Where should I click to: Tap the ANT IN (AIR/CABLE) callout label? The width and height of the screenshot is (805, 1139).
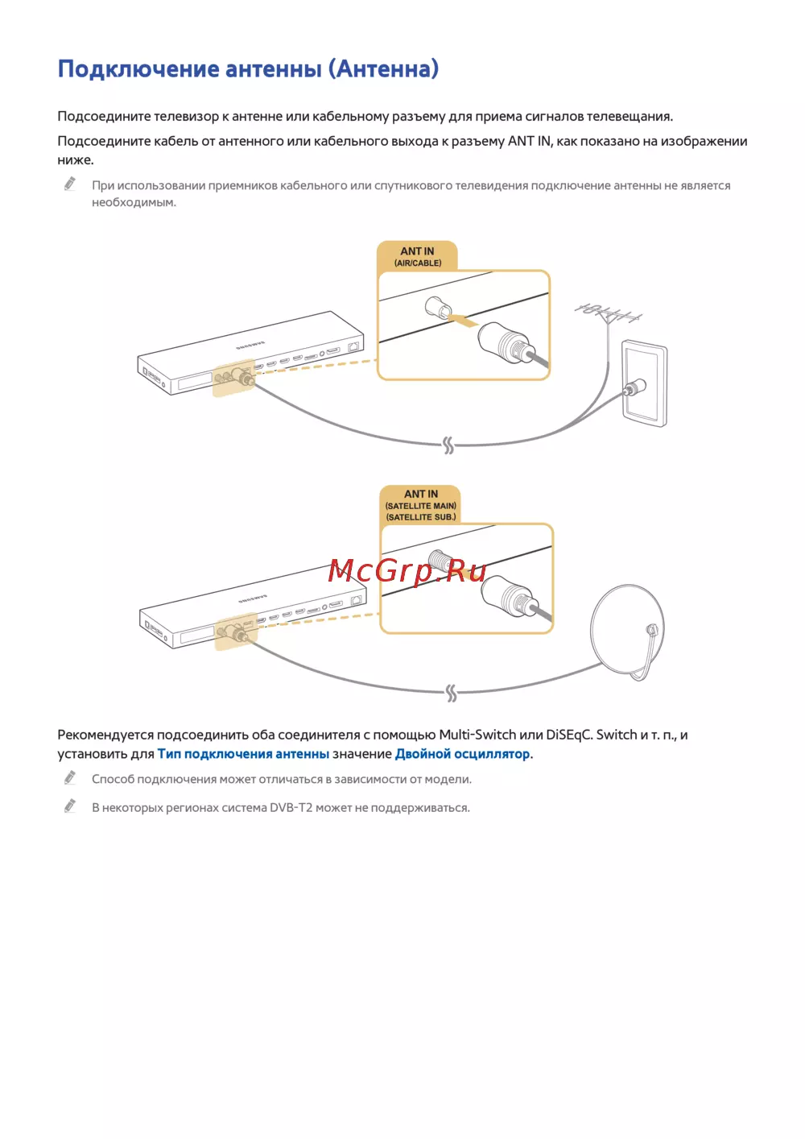click(x=417, y=256)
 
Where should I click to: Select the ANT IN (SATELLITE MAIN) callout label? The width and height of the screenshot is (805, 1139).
click(x=420, y=505)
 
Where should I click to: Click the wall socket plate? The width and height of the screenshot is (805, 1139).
click(x=644, y=383)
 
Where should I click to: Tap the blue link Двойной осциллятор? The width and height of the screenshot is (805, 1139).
click(x=462, y=754)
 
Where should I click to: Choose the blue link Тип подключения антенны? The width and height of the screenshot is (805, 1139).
click(x=243, y=754)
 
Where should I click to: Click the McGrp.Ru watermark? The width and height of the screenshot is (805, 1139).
click(x=407, y=571)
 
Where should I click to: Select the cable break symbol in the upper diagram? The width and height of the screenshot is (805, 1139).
click(x=448, y=445)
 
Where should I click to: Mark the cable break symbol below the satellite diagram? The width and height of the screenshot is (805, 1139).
click(x=451, y=693)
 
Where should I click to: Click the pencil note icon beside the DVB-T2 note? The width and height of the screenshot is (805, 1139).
click(x=70, y=806)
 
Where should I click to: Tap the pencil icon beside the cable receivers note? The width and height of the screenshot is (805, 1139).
click(x=70, y=184)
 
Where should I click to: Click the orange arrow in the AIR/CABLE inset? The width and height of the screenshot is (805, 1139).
click(x=462, y=321)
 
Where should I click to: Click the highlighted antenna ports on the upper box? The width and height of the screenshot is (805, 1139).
click(x=233, y=377)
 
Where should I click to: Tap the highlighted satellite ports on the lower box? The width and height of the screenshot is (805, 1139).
click(x=236, y=631)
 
